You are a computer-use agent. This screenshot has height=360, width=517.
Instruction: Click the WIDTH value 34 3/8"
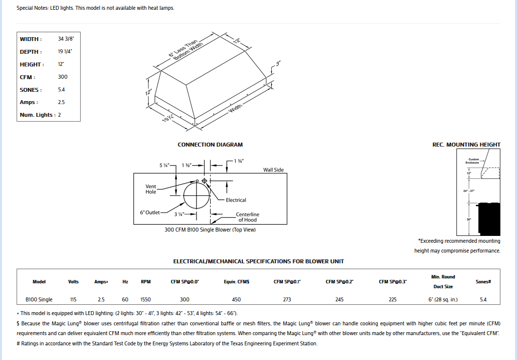tap(66, 39)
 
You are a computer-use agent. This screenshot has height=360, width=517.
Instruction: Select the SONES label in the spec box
tap(31, 90)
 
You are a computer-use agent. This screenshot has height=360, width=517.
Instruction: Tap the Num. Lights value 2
tap(60, 115)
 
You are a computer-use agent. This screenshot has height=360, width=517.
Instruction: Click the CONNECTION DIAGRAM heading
tap(210, 145)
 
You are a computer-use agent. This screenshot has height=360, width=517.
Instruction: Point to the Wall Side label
tap(273, 170)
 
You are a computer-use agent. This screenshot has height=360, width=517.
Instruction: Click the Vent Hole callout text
tap(151, 189)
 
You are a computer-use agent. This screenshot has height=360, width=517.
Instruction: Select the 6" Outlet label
tap(150, 212)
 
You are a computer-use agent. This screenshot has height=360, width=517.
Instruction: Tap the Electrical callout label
tap(236, 200)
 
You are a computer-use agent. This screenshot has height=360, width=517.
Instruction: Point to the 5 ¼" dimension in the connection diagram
tap(164, 166)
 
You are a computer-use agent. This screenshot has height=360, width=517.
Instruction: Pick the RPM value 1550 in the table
tap(146, 299)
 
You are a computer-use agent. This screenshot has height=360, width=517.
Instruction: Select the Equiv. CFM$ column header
tap(237, 282)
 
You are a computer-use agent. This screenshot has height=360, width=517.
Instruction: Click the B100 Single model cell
tap(39, 299)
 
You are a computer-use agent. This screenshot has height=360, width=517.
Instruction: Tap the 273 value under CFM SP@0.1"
tap(287, 299)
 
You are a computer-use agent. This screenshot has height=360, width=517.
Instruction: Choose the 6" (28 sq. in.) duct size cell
tap(443, 299)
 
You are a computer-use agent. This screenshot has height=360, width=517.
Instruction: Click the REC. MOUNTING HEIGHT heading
tap(466, 145)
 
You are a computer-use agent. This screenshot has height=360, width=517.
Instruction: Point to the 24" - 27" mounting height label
tap(469, 191)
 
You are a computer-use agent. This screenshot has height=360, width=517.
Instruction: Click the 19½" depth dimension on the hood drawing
tap(169, 118)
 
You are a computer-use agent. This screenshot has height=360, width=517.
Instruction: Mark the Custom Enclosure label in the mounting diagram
tap(474, 161)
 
